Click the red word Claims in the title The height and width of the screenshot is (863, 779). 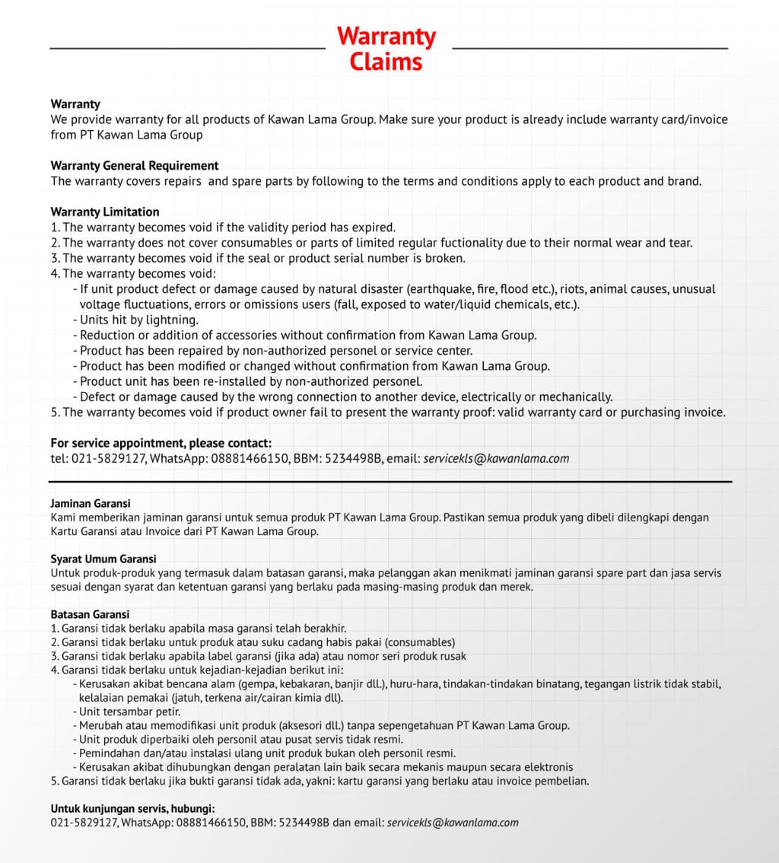[x=386, y=62]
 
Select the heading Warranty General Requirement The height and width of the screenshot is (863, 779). [x=134, y=166]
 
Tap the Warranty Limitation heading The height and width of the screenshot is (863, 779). [x=105, y=212]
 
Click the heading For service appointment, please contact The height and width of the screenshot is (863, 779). [x=161, y=443]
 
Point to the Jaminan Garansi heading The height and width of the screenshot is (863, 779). [x=91, y=503]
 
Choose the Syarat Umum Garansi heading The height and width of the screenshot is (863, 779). [x=103, y=559]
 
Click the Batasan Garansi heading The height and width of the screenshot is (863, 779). [x=90, y=614]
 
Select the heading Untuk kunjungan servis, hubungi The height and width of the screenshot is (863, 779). [x=132, y=808]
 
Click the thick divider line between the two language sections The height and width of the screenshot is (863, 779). [x=389, y=482]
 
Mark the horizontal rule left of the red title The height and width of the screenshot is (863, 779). [x=187, y=48]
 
